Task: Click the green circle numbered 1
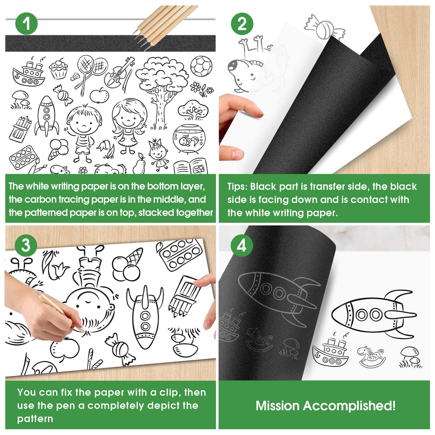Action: tap(26, 24)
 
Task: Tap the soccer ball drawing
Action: tap(201, 67)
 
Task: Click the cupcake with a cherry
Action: tap(58, 69)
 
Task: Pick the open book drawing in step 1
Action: tap(191, 167)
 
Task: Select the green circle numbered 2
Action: tap(242, 24)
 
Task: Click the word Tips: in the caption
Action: tap(237, 187)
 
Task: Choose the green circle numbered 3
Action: tap(26, 245)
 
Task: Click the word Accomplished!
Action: tap(349, 406)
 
